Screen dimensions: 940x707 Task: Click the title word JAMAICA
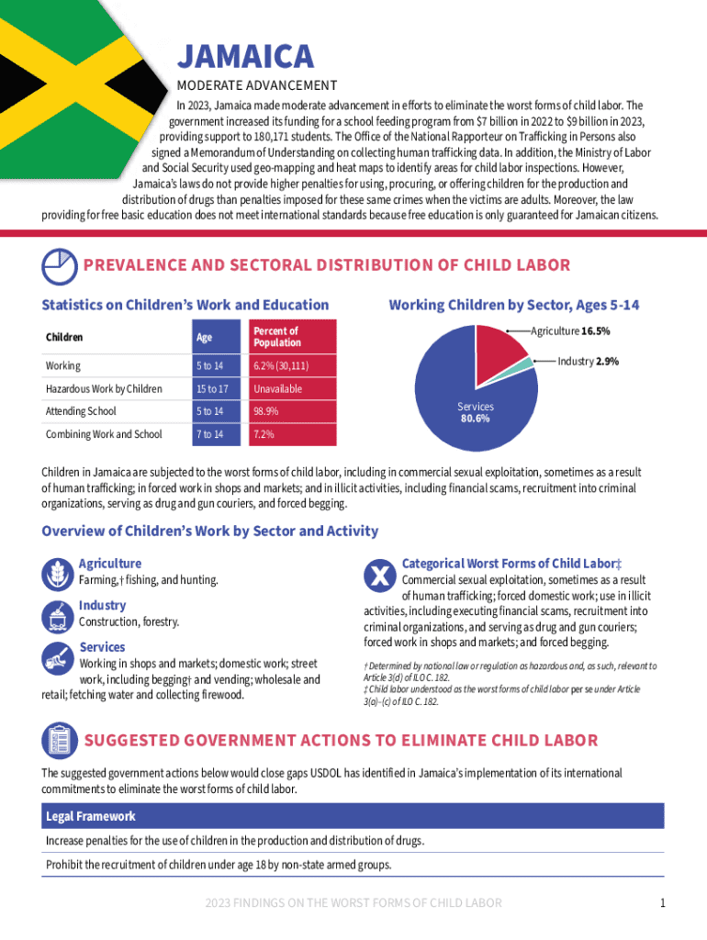(245, 57)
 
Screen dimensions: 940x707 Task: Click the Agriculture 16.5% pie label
(570, 330)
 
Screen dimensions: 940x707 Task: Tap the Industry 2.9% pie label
(588, 362)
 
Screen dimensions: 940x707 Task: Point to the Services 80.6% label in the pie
(475, 412)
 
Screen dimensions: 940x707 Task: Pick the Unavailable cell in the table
(278, 389)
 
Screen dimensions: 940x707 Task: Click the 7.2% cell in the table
(263, 434)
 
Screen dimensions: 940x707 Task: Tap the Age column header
(204, 337)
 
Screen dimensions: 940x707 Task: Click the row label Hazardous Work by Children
(104, 389)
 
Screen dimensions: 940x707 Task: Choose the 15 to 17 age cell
(211, 389)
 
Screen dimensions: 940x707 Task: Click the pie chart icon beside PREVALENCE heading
(59, 266)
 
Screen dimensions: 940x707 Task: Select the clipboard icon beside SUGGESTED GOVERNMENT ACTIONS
(59, 741)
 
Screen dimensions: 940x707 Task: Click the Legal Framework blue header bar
(353, 816)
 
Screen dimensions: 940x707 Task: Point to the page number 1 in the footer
(662, 903)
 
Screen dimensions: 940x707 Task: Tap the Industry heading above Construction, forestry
(102, 605)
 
